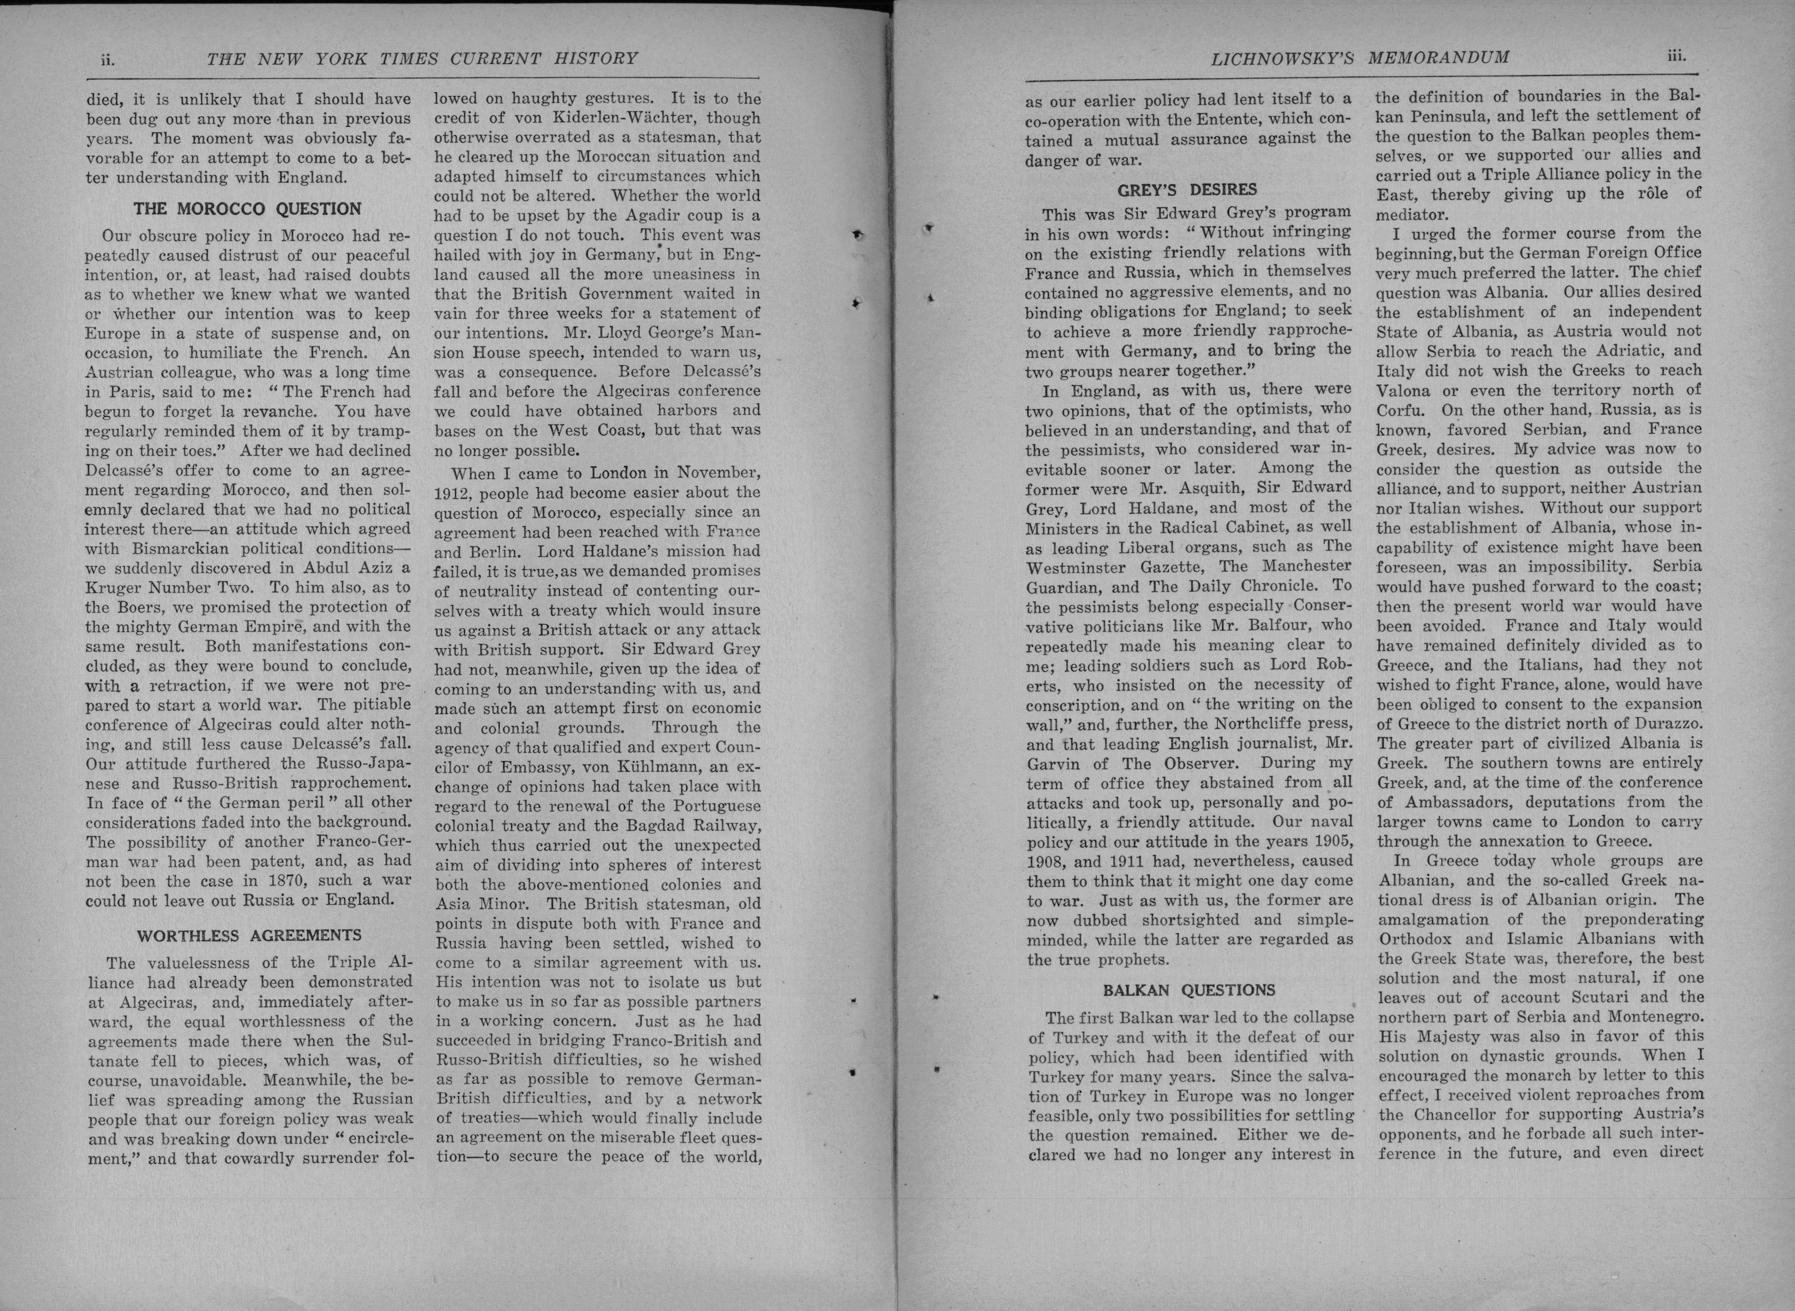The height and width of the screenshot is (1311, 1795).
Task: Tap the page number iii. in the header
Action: click(x=1676, y=56)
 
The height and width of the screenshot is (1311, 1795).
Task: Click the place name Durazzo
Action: click(x=1672, y=723)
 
